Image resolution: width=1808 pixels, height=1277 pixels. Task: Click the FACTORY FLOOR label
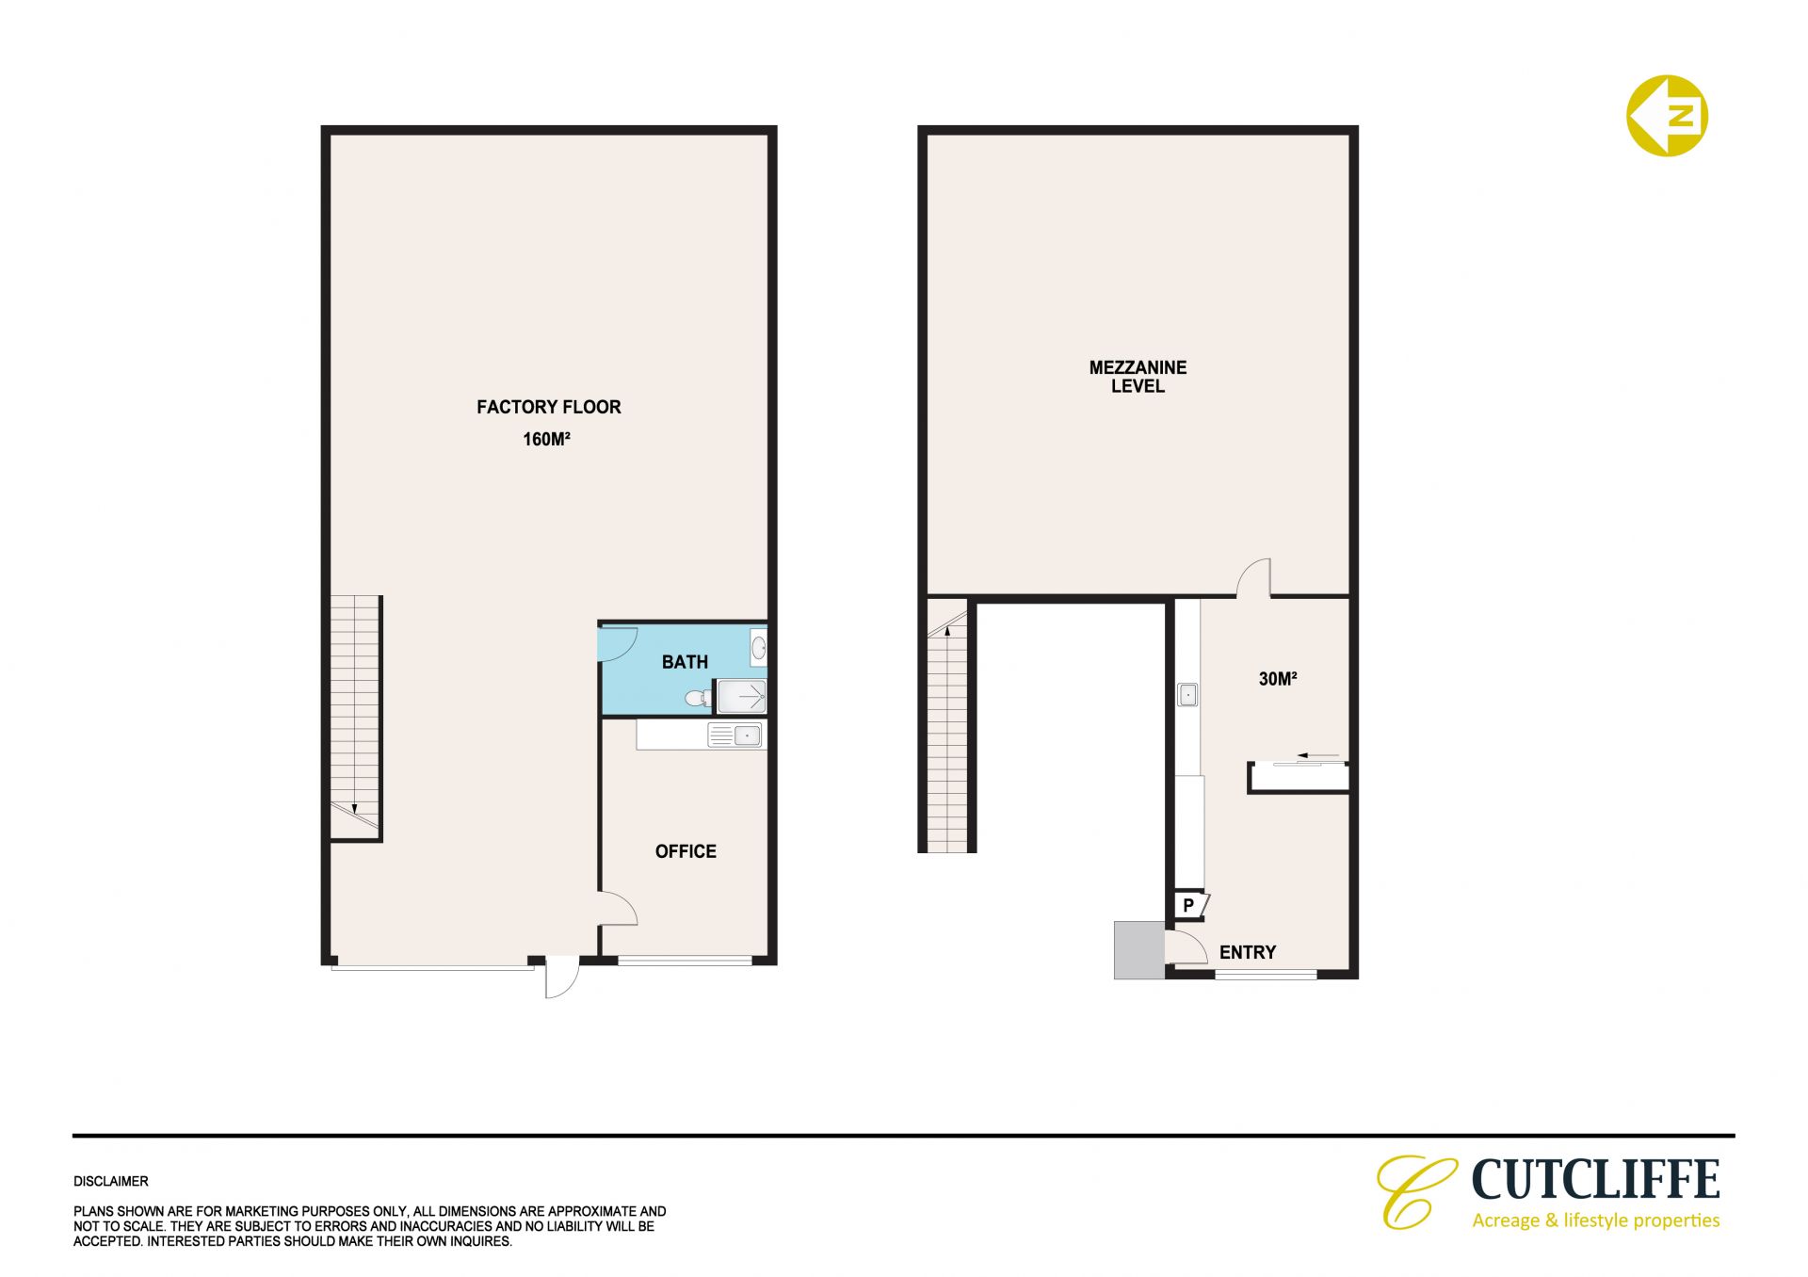pos(548,407)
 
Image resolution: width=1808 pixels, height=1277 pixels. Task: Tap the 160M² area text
pos(547,439)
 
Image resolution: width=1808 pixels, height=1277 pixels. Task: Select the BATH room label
pos(685,662)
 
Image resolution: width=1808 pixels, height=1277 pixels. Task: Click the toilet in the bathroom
pos(699,698)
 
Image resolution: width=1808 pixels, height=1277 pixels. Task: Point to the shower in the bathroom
pos(742,697)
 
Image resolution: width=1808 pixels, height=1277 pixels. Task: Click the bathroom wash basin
pos(758,648)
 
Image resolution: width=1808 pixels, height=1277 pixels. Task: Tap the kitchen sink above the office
pos(735,735)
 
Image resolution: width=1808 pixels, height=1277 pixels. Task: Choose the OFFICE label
pos(686,851)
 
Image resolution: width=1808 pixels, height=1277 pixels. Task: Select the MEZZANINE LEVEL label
pos(1138,377)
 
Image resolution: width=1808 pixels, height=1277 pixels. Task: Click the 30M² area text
pos(1278,679)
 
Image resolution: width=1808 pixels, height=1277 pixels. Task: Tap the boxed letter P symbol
pos(1188,905)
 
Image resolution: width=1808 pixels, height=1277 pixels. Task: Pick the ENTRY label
pos(1248,952)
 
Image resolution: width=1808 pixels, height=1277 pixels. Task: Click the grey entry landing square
pos(1139,950)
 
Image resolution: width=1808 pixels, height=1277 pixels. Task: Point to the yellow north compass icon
pos(1667,116)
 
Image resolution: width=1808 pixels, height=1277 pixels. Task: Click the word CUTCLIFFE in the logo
pos(1595,1179)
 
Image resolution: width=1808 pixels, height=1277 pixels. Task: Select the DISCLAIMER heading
pos(111,1181)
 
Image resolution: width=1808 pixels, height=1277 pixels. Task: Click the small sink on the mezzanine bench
pos(1188,695)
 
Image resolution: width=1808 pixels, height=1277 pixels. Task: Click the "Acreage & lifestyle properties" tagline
pos(1596,1220)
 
